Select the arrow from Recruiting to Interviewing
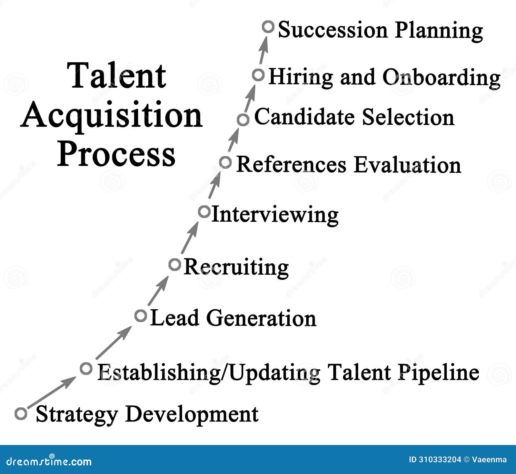pyautogui.click(x=190, y=237)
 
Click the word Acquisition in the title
pyautogui.click(x=112, y=116)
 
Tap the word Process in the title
pyautogui.click(x=116, y=155)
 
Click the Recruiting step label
pyautogui.click(x=236, y=267)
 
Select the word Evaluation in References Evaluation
pyautogui.click(x=408, y=165)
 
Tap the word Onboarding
pyautogui.click(x=442, y=78)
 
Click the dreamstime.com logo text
pyautogui.click(x=49, y=461)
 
